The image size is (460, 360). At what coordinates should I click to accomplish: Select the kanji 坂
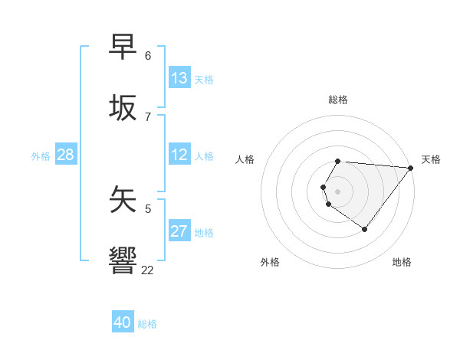coord(123,108)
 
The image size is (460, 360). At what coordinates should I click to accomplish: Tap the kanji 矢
coord(123,199)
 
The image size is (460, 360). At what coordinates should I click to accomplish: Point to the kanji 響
coord(123,260)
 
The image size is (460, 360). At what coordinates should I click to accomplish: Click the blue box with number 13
coord(179,78)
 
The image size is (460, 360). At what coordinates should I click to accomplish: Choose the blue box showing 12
coord(179,155)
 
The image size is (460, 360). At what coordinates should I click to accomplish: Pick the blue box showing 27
coord(179,231)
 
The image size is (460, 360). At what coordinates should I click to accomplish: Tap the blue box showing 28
coord(65,155)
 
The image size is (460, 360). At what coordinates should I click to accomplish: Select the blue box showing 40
coord(123,322)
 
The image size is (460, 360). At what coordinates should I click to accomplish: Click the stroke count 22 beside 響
coord(147,270)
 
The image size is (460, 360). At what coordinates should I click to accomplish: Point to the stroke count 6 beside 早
coord(148,56)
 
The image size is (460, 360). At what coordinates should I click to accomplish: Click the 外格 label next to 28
coord(41,156)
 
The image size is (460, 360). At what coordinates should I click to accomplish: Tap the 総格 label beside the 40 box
coord(147,324)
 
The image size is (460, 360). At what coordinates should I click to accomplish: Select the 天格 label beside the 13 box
coord(204,80)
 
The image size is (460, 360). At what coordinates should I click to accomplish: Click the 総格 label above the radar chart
coord(338,100)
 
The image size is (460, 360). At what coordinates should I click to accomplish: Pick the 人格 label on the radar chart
coord(245,159)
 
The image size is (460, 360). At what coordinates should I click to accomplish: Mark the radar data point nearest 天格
coord(411,168)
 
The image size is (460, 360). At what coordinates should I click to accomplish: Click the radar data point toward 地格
coord(364,229)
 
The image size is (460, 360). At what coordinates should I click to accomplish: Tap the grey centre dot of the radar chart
coord(338,191)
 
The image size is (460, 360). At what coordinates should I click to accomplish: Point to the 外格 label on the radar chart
coord(270,262)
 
